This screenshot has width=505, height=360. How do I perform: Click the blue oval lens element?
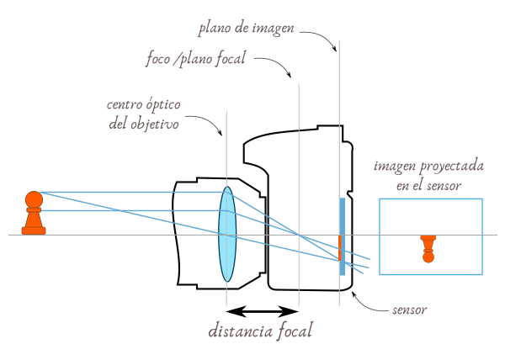[x=227, y=234]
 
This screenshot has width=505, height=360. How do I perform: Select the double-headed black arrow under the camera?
[x=263, y=311]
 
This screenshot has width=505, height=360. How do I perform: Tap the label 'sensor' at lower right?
[x=410, y=310]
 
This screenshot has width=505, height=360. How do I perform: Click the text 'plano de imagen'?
[x=246, y=29]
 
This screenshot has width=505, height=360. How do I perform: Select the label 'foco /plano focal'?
[x=195, y=61]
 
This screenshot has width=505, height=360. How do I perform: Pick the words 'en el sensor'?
[x=429, y=184]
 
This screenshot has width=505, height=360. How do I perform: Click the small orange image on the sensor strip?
[x=340, y=248]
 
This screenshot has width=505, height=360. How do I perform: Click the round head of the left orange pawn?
[x=33, y=200]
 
